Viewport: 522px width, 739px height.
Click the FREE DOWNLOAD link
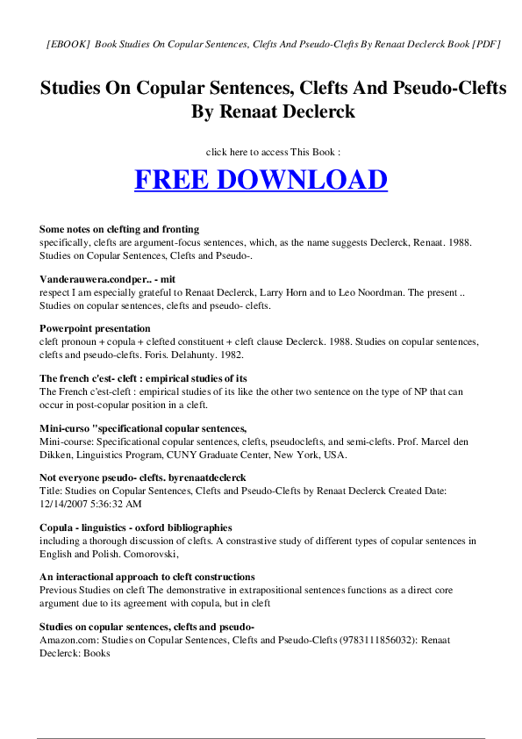click(261, 180)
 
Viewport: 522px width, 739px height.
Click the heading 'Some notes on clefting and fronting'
click(119, 229)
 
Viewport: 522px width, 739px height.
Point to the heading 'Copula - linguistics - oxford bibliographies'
click(136, 527)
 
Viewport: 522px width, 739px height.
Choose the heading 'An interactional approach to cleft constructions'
click(147, 577)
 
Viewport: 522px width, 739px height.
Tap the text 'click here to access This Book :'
click(261, 152)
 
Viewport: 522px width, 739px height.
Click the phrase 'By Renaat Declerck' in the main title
click(261, 112)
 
